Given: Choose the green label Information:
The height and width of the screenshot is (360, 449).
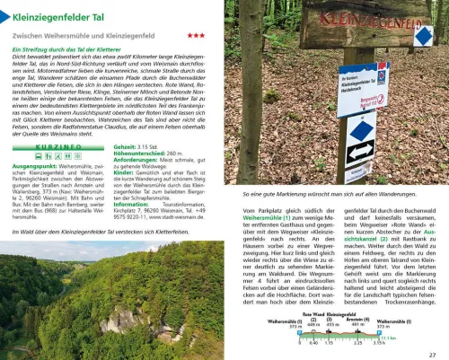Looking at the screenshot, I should coord(131,203).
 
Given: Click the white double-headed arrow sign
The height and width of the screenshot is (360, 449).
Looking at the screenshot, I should coord(360,151).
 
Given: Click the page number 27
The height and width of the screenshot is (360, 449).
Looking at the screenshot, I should coord(432,353).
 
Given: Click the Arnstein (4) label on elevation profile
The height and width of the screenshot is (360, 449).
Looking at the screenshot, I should coord(357,320).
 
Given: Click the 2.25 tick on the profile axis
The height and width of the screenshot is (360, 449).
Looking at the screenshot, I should coord(357,343).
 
